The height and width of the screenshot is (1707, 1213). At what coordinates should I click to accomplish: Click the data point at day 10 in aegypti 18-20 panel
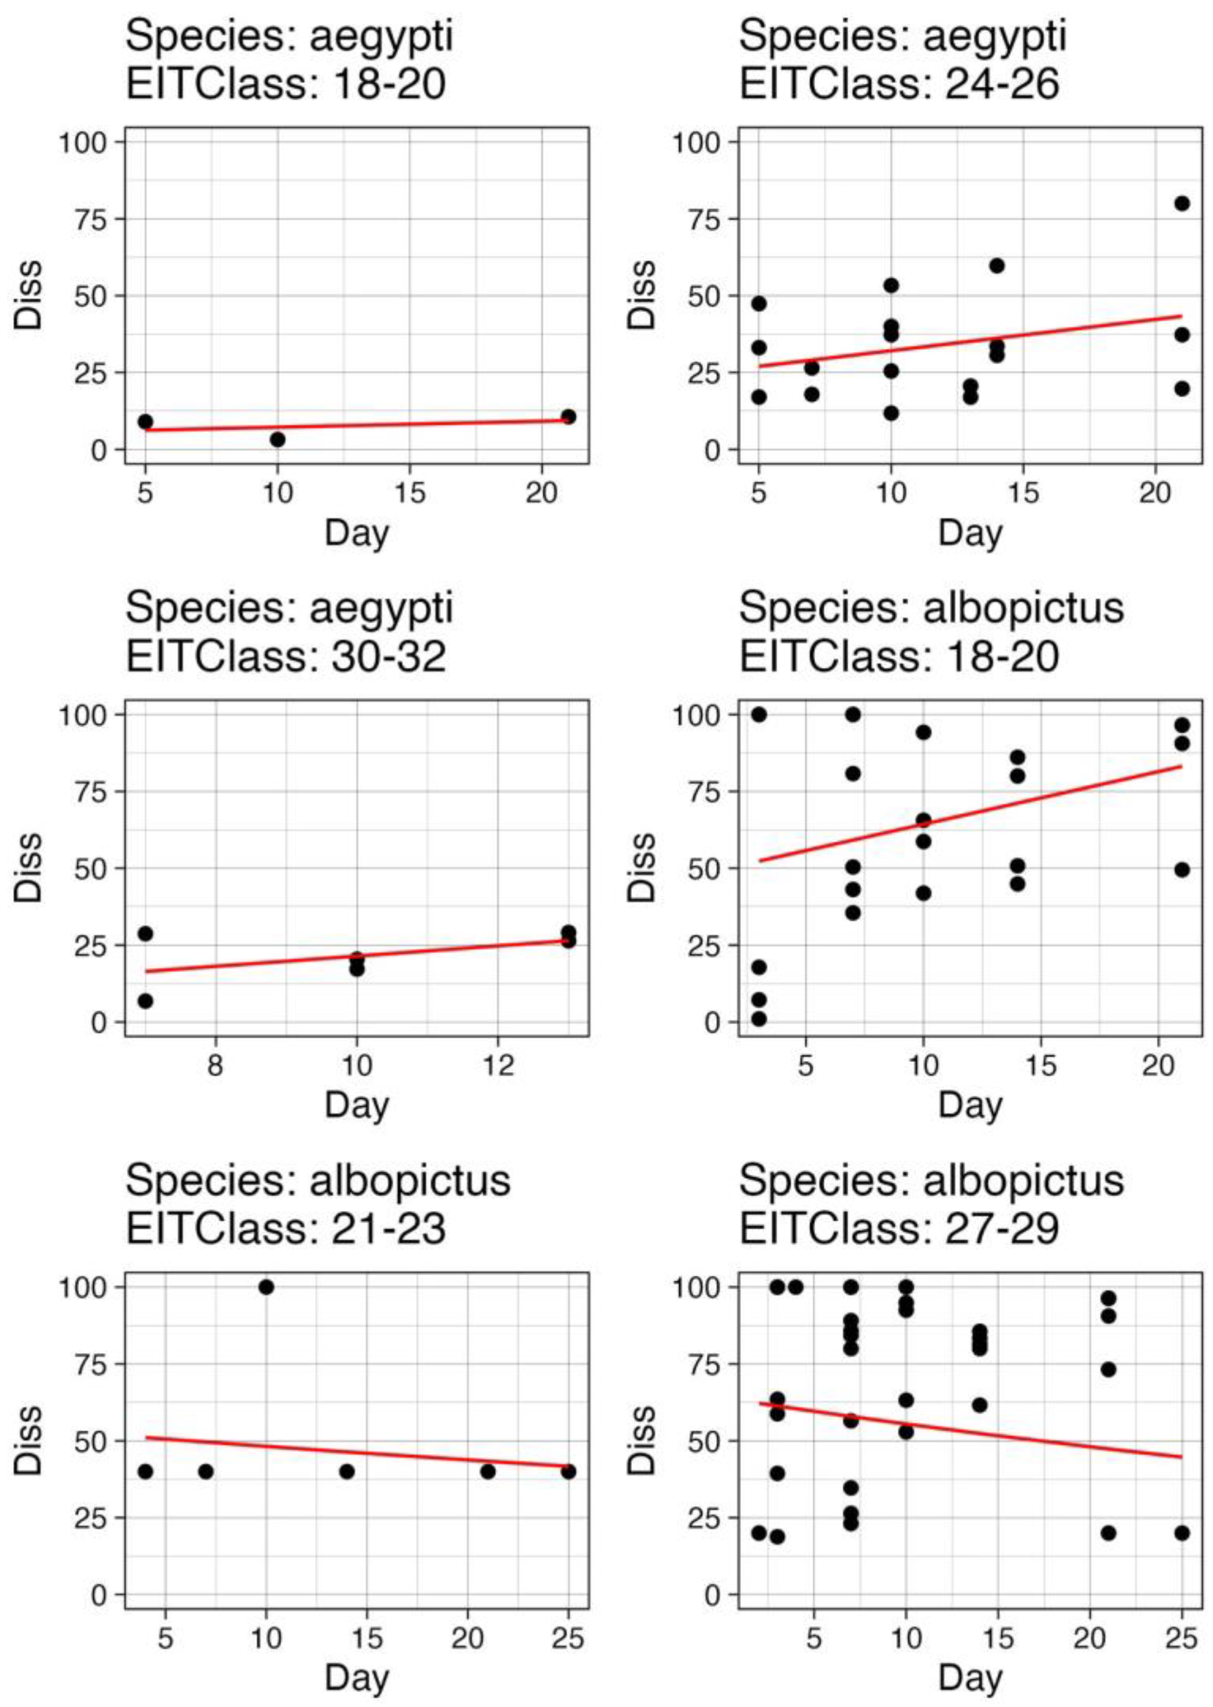point(278,439)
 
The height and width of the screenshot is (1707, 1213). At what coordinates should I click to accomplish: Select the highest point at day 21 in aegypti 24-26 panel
point(1181,203)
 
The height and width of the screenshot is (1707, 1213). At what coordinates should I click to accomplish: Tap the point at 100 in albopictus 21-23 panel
point(266,1287)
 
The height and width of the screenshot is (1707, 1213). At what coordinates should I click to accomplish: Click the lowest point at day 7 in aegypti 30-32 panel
point(146,1001)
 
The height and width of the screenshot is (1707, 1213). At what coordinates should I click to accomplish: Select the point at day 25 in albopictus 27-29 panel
point(1181,1533)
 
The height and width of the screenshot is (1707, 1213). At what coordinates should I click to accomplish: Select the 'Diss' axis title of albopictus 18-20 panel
point(641,867)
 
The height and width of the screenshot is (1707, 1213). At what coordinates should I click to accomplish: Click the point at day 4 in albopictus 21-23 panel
point(146,1472)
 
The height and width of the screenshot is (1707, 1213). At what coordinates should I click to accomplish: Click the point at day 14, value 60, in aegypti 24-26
point(996,266)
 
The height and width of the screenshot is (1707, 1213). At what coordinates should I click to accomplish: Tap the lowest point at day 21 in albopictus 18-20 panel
point(1181,869)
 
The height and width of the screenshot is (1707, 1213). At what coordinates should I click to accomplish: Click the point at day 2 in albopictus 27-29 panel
point(759,1533)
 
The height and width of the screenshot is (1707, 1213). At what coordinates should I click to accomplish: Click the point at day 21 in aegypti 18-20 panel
point(568,416)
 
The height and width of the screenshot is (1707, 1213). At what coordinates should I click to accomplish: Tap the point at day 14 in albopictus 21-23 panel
point(347,1472)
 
